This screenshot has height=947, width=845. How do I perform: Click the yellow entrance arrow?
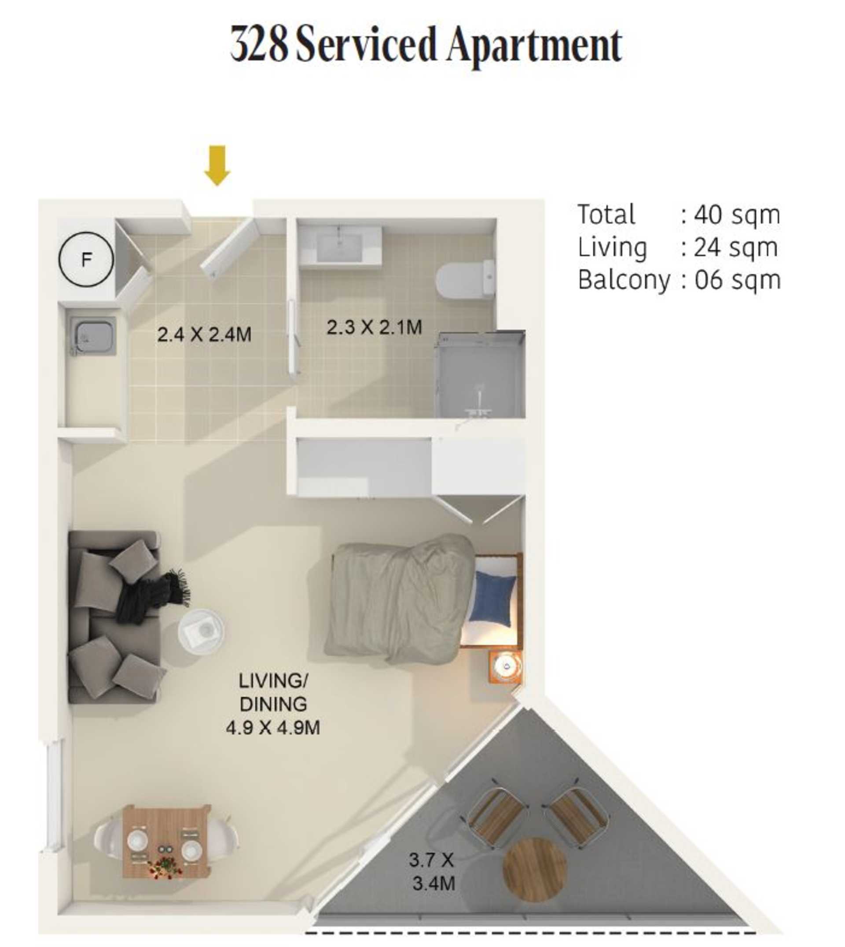click(217, 166)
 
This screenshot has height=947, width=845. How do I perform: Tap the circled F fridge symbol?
click(86, 259)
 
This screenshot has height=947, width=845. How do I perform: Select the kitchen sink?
click(93, 336)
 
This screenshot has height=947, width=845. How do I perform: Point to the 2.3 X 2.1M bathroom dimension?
click(374, 327)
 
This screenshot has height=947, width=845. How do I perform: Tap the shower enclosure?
click(481, 374)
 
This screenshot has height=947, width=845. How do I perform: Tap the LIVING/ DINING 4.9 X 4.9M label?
click(273, 704)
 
